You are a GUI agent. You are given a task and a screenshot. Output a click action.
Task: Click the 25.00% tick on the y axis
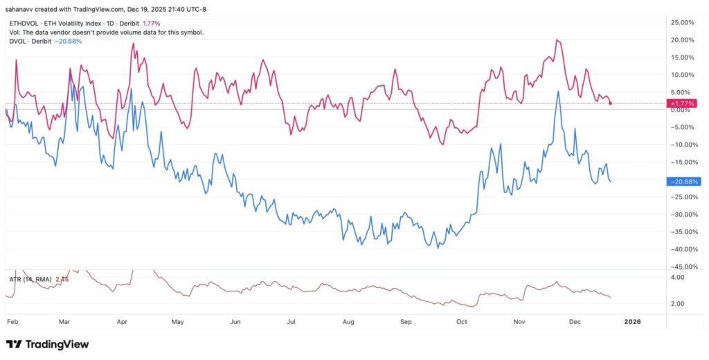point(683,23)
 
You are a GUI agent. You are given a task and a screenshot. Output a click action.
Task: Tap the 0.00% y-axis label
point(684,110)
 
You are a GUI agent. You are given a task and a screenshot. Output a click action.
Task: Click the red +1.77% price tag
point(681,103)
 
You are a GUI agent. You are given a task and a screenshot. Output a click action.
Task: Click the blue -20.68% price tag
point(681,181)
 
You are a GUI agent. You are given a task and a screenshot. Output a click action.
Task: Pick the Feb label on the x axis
point(12,322)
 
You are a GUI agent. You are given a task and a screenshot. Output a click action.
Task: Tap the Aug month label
point(349,322)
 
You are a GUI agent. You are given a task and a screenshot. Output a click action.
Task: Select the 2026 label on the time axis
point(632,322)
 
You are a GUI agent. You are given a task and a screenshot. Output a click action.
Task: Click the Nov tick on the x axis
point(520,322)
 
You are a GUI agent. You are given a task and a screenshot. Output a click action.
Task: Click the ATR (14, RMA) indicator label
point(29,279)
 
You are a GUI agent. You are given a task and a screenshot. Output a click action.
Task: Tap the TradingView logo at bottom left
point(47,344)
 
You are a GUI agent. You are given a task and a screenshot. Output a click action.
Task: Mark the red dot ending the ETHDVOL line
point(610,103)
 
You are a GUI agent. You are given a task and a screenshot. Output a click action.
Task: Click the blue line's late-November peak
point(558,91)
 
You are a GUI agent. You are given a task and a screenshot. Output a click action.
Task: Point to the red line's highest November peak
point(557,40)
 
